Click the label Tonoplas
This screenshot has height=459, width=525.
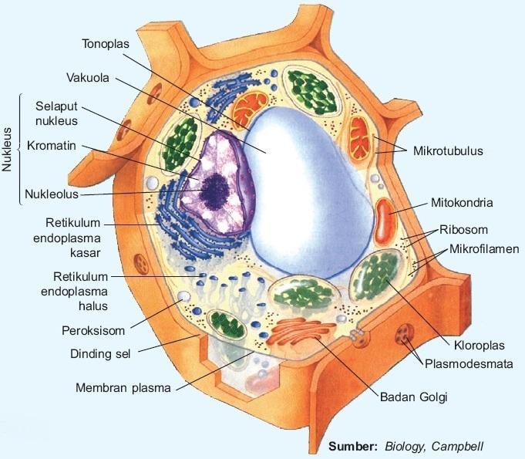coord(107,43)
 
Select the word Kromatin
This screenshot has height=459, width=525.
coord(52,145)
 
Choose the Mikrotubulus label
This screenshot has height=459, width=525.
coord(448,151)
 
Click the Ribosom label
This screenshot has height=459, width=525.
coord(464,230)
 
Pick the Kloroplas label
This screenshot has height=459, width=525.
coord(473,344)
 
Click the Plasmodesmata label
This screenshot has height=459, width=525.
coord(470,363)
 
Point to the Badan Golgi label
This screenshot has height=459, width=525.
coord(412,397)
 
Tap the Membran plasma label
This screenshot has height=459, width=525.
coord(123,387)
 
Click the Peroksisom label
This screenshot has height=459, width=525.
coord(93,331)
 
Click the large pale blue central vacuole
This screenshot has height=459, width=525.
coord(308,193)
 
